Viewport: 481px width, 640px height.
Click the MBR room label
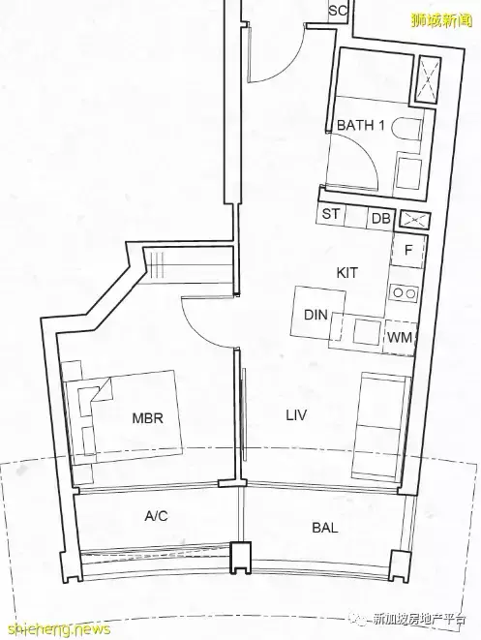click(148, 418)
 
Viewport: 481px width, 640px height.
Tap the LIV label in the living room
click(296, 415)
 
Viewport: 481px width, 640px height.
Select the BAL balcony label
click(325, 528)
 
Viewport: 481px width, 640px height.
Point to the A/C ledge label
click(156, 516)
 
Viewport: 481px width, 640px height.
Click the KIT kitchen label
click(347, 272)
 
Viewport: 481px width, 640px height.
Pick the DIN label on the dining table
click(316, 315)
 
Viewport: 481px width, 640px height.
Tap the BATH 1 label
click(361, 125)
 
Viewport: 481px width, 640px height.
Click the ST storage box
click(331, 213)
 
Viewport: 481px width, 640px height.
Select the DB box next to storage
click(380, 219)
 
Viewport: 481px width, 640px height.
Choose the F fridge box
click(408, 251)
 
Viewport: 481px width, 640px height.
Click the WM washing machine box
click(400, 337)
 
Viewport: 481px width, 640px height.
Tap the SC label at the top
click(338, 11)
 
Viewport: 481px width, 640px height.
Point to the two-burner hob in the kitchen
click(404, 292)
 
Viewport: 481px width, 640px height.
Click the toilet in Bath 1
click(406, 130)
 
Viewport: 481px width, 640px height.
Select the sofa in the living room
click(381, 425)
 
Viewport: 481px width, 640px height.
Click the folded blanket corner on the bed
click(102, 390)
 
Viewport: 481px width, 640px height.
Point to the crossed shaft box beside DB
click(414, 221)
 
